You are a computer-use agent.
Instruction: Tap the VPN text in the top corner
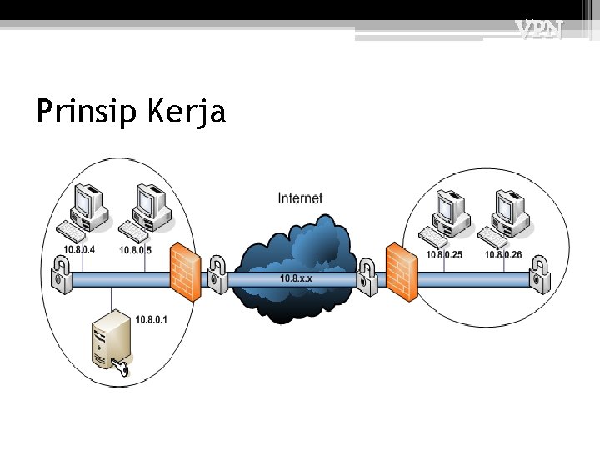click(538, 31)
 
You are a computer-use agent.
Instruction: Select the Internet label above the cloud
click(300, 197)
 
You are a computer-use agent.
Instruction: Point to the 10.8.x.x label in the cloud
click(296, 277)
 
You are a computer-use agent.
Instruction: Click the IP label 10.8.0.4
click(79, 250)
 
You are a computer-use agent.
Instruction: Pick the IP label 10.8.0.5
click(135, 250)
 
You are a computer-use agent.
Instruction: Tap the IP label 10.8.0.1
click(151, 319)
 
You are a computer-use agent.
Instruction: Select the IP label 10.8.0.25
click(444, 255)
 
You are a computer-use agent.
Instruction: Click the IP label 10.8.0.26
click(503, 255)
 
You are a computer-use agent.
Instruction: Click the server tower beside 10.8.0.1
click(110, 340)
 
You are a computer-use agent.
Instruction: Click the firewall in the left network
click(185, 272)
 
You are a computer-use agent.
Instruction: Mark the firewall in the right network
click(402, 270)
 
